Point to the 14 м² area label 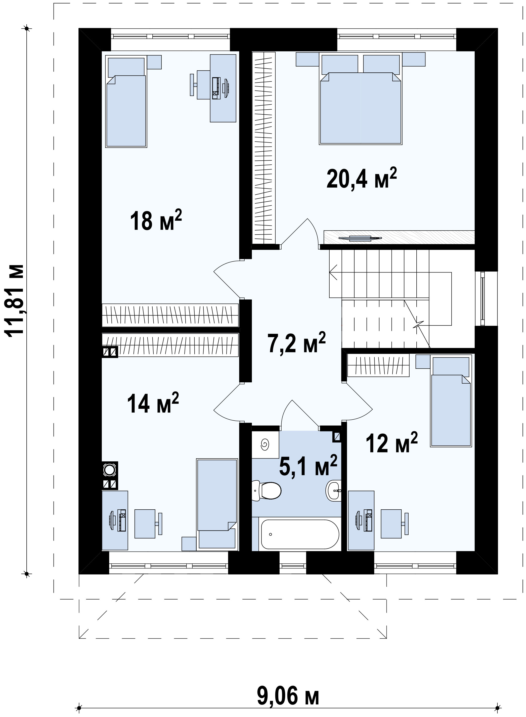[x=153, y=402]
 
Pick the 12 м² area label [x=392, y=442]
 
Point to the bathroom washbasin [x=334, y=499]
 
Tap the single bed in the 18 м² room [x=126, y=102]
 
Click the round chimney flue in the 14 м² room [x=109, y=470]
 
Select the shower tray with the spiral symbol [x=265, y=444]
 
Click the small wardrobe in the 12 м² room [x=378, y=366]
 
